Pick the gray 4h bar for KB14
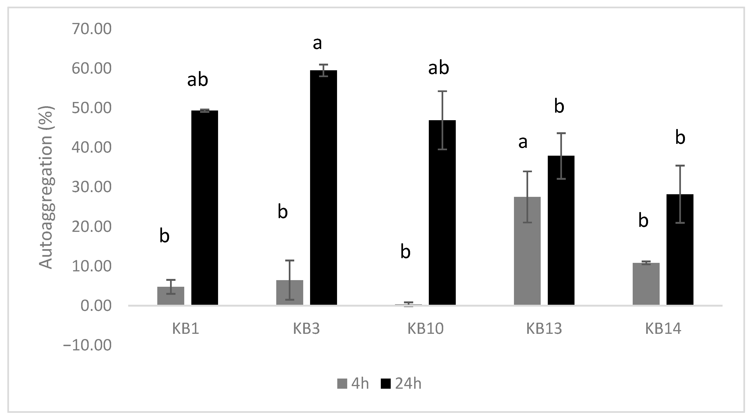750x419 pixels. point(646,284)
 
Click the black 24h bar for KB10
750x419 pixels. point(442,212)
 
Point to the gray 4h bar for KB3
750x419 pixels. point(290,292)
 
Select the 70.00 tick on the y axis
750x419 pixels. point(92,29)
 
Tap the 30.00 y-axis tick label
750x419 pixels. point(92,187)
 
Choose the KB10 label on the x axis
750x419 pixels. point(425,329)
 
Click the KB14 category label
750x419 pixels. point(663,329)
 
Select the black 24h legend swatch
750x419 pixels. point(386,384)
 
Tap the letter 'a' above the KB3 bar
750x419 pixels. point(317,44)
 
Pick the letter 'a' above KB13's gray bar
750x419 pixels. point(523,143)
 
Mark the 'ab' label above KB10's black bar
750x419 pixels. point(439,68)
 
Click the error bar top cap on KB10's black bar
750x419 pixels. point(442,91)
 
